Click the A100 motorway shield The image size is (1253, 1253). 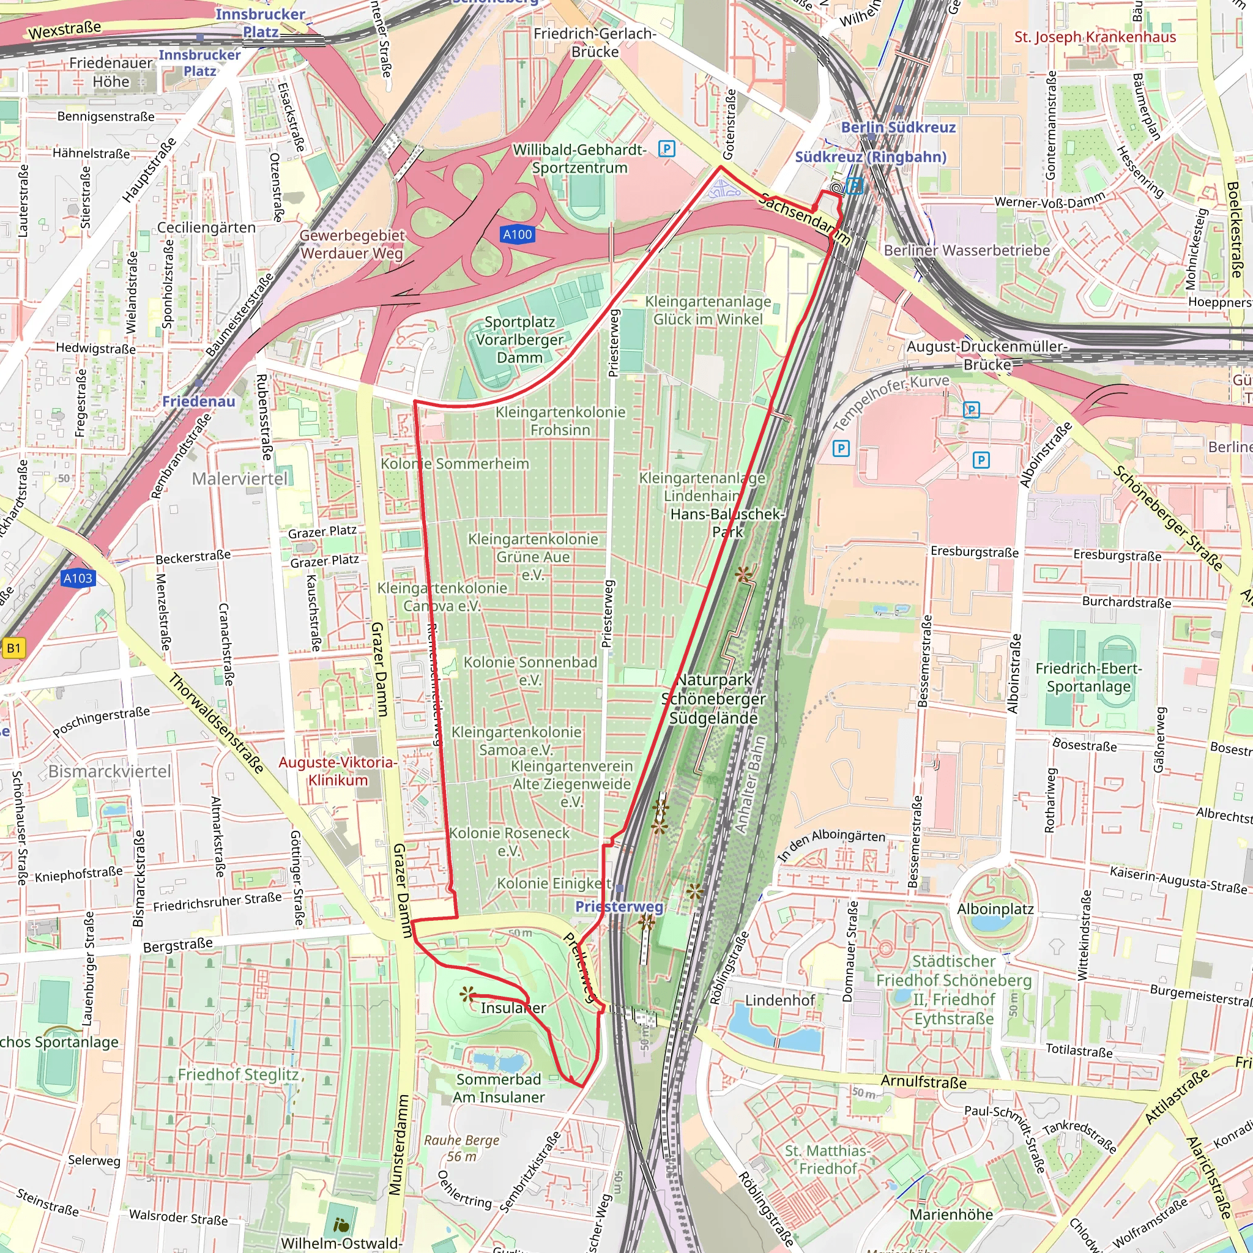[x=518, y=235]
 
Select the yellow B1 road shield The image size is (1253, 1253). [x=13, y=647]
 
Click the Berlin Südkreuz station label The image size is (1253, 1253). [x=898, y=127]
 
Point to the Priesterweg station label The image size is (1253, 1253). [x=619, y=906]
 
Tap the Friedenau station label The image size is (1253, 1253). [x=198, y=401]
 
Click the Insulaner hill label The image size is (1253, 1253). [x=513, y=1008]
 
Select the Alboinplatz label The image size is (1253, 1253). [x=995, y=909]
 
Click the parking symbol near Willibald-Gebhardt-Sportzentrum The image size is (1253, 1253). [x=666, y=149]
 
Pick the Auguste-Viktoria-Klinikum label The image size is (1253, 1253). [x=337, y=771]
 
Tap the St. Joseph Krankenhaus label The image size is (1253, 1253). [x=1095, y=37]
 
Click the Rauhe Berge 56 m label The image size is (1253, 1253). [x=462, y=1148]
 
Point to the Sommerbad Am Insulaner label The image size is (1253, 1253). [x=498, y=1088]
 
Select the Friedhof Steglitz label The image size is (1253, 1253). [x=238, y=1074]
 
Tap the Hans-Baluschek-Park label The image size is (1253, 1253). [x=726, y=522]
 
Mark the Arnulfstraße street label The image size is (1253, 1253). [x=923, y=1082]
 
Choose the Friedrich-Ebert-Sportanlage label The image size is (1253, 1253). [x=1088, y=677]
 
